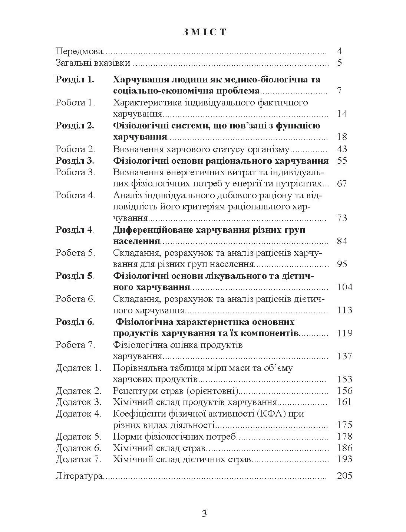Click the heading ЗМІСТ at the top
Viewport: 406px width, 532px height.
pyautogui.click(x=205, y=32)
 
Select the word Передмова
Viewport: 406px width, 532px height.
pyautogui.click(x=79, y=51)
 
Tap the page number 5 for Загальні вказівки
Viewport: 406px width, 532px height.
pyautogui.click(x=340, y=62)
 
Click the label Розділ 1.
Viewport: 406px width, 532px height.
pyautogui.click(x=75, y=79)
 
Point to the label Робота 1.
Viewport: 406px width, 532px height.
pyautogui.click(x=75, y=102)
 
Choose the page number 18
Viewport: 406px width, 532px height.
pyautogui.click(x=342, y=137)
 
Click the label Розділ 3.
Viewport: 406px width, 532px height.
pyautogui.click(x=75, y=161)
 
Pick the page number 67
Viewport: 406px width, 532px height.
pyautogui.click(x=342, y=184)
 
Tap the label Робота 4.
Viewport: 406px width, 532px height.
pyautogui.click(x=75, y=195)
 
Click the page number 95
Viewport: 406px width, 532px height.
pyautogui.click(x=342, y=264)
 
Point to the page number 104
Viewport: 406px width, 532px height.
pyautogui.click(x=344, y=287)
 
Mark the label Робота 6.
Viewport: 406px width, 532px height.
pyautogui.click(x=75, y=299)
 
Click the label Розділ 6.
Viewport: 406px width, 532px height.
pyautogui.click(x=75, y=322)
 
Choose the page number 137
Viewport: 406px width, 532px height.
pyautogui.click(x=344, y=356)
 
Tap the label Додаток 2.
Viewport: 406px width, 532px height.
pyautogui.click(x=79, y=391)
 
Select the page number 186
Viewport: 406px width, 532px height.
pyautogui.click(x=344, y=448)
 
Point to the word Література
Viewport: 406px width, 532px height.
pyautogui.click(x=79, y=476)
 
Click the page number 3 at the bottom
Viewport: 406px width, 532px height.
pyautogui.click(x=204, y=514)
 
